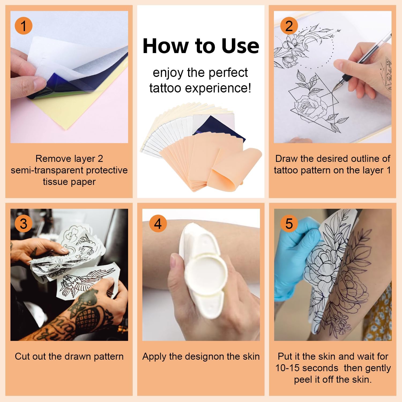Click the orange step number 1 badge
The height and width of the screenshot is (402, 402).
pos(24,26)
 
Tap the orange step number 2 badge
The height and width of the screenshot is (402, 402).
pos(289,26)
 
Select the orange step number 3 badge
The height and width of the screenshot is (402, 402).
pos(24,224)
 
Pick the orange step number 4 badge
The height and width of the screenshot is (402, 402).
pos(158,224)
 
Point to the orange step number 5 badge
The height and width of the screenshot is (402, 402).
pos(289,224)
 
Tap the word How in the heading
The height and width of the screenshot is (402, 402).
pos(165,46)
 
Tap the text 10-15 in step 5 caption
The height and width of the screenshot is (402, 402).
pos(287,368)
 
